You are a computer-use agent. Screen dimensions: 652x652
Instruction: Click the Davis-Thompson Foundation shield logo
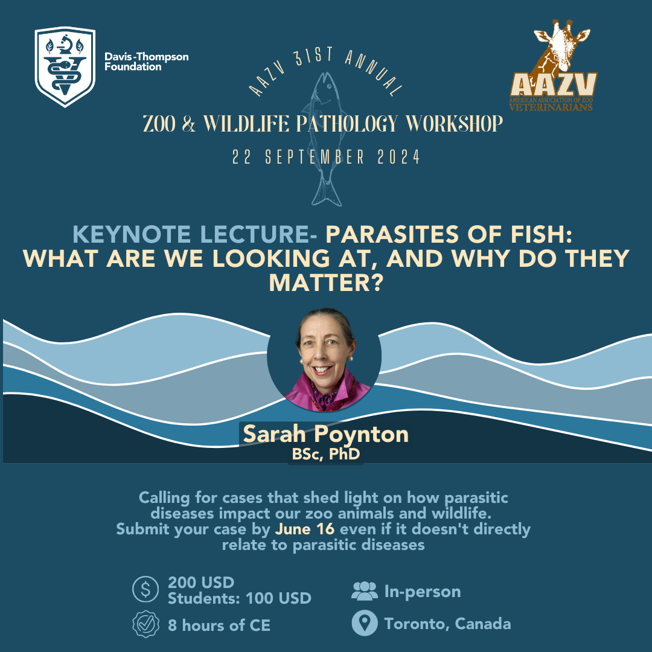point(65,66)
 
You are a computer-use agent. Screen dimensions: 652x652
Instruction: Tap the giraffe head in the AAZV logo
point(561,46)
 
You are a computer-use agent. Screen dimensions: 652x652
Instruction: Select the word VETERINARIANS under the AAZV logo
point(551,107)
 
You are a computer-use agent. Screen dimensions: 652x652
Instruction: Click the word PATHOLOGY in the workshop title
point(347,124)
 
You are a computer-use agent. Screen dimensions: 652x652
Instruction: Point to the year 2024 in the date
point(398,157)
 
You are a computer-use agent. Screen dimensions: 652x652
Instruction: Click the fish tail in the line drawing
point(327,193)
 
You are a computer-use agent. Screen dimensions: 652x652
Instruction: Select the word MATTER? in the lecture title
point(325,283)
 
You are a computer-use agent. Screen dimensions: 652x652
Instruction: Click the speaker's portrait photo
point(324,359)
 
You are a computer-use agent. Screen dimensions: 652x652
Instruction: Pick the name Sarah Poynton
point(325,433)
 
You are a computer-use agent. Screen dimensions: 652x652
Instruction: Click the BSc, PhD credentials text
point(325,453)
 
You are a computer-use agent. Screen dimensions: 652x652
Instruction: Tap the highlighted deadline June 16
point(305,529)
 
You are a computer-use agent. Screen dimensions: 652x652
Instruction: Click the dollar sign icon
point(145,589)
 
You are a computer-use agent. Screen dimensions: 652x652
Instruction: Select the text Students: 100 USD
point(240,598)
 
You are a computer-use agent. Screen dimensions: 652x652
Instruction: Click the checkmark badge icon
point(145,624)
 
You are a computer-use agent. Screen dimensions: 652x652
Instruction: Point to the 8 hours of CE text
point(219,625)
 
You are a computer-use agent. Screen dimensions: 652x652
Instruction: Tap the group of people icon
point(364,591)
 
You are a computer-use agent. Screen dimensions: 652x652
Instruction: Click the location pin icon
point(364,623)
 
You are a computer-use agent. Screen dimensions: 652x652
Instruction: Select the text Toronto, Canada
point(447,624)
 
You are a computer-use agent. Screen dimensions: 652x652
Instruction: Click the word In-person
point(423,592)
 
